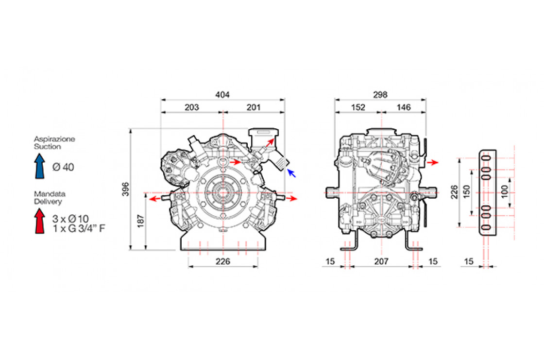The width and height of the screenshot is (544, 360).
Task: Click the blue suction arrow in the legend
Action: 40,166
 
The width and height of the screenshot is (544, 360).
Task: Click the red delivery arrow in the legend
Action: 40,221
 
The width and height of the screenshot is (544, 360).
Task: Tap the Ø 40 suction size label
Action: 63,167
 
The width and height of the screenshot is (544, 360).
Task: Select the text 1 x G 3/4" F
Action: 79,228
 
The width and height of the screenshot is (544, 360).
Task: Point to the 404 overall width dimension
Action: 222,94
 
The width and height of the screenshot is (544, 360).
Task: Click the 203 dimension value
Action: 191,107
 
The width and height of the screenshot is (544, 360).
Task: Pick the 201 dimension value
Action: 253,107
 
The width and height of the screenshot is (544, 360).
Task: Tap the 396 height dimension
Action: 126,189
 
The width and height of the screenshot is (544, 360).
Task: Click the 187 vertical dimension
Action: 140,221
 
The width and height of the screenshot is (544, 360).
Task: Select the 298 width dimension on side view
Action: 380,94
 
